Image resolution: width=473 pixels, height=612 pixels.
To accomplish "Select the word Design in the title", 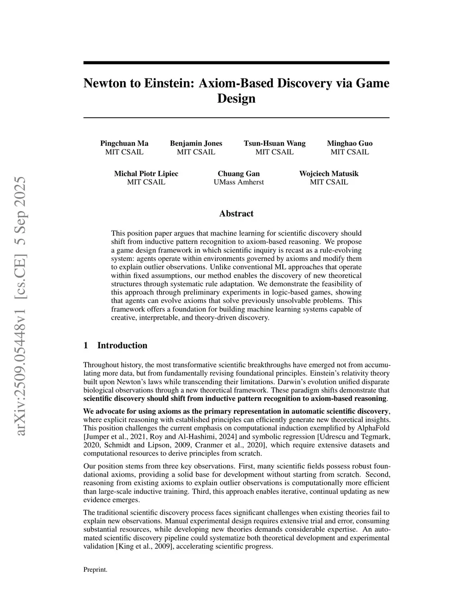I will coord(236,98).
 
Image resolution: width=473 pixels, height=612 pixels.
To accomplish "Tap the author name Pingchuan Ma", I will coord(124,143).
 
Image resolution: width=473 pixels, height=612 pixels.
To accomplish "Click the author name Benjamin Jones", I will coord(196,143).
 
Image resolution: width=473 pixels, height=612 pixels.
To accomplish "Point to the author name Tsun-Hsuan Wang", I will coord(274,143).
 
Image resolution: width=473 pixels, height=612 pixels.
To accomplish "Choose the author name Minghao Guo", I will coord(350,143).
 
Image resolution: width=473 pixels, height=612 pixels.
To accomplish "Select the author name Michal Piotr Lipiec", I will coord(146,174).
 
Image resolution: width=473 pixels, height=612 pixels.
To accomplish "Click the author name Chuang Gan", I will coord(238,174).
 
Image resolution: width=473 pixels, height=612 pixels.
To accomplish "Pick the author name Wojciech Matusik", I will coord(328,174).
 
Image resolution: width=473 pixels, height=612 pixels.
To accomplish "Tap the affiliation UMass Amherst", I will coord(238,182).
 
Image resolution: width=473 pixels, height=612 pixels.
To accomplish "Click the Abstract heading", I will coord(236,213).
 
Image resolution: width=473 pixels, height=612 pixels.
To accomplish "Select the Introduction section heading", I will coord(122,345).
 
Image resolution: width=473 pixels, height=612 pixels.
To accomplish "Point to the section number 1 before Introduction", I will coord(85,345).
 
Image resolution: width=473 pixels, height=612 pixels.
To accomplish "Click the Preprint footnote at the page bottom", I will coord(95,570).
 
